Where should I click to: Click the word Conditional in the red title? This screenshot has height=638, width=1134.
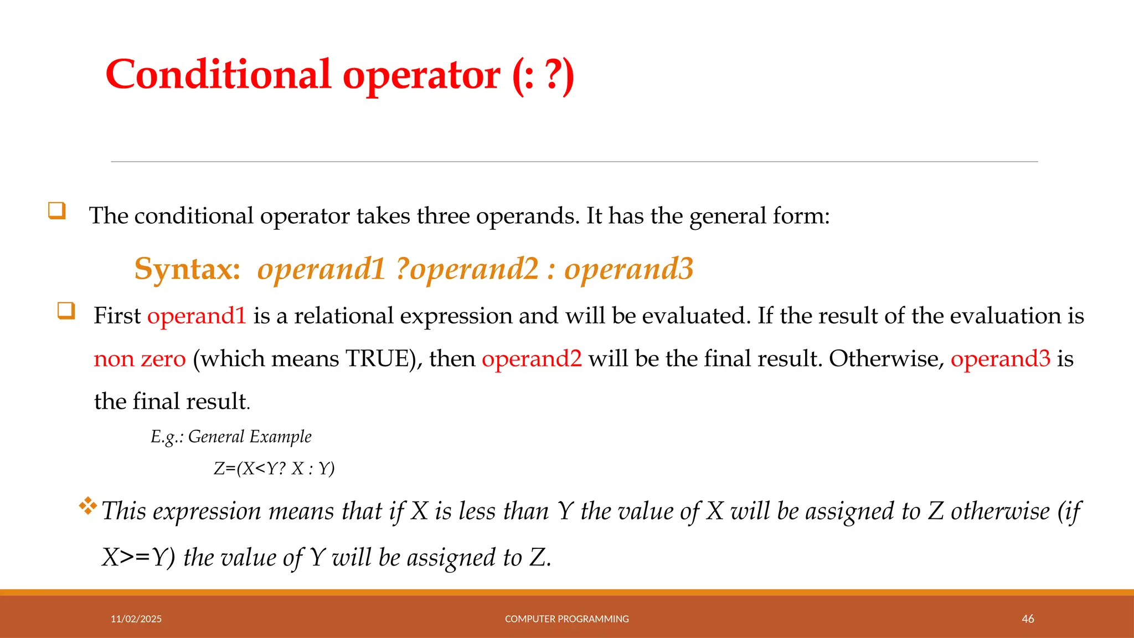[218, 74]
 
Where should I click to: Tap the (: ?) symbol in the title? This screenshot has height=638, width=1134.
[543, 75]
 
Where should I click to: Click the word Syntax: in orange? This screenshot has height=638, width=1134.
[187, 269]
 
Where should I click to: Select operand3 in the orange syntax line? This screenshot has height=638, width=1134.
[628, 269]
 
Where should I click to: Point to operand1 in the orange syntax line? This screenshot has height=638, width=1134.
[321, 269]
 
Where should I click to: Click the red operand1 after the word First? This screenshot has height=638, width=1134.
[197, 316]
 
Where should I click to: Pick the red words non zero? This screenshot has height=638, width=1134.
[140, 359]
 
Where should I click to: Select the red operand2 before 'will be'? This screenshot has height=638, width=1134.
[532, 359]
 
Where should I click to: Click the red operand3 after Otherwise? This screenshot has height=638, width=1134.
[1000, 359]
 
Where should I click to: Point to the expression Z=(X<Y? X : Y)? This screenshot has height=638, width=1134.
[274, 469]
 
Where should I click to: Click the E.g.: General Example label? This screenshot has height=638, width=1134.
[231, 437]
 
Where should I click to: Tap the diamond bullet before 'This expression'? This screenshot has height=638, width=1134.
[87, 506]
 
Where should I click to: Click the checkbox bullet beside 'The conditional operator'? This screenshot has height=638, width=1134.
[57, 210]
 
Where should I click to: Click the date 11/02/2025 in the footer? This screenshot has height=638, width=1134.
[136, 619]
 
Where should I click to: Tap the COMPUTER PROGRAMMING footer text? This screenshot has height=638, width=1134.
[566, 619]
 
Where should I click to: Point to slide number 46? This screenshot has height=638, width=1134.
[1028, 619]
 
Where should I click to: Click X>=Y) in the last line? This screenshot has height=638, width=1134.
[138, 557]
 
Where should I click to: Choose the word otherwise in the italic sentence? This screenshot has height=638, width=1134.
[1000, 511]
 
